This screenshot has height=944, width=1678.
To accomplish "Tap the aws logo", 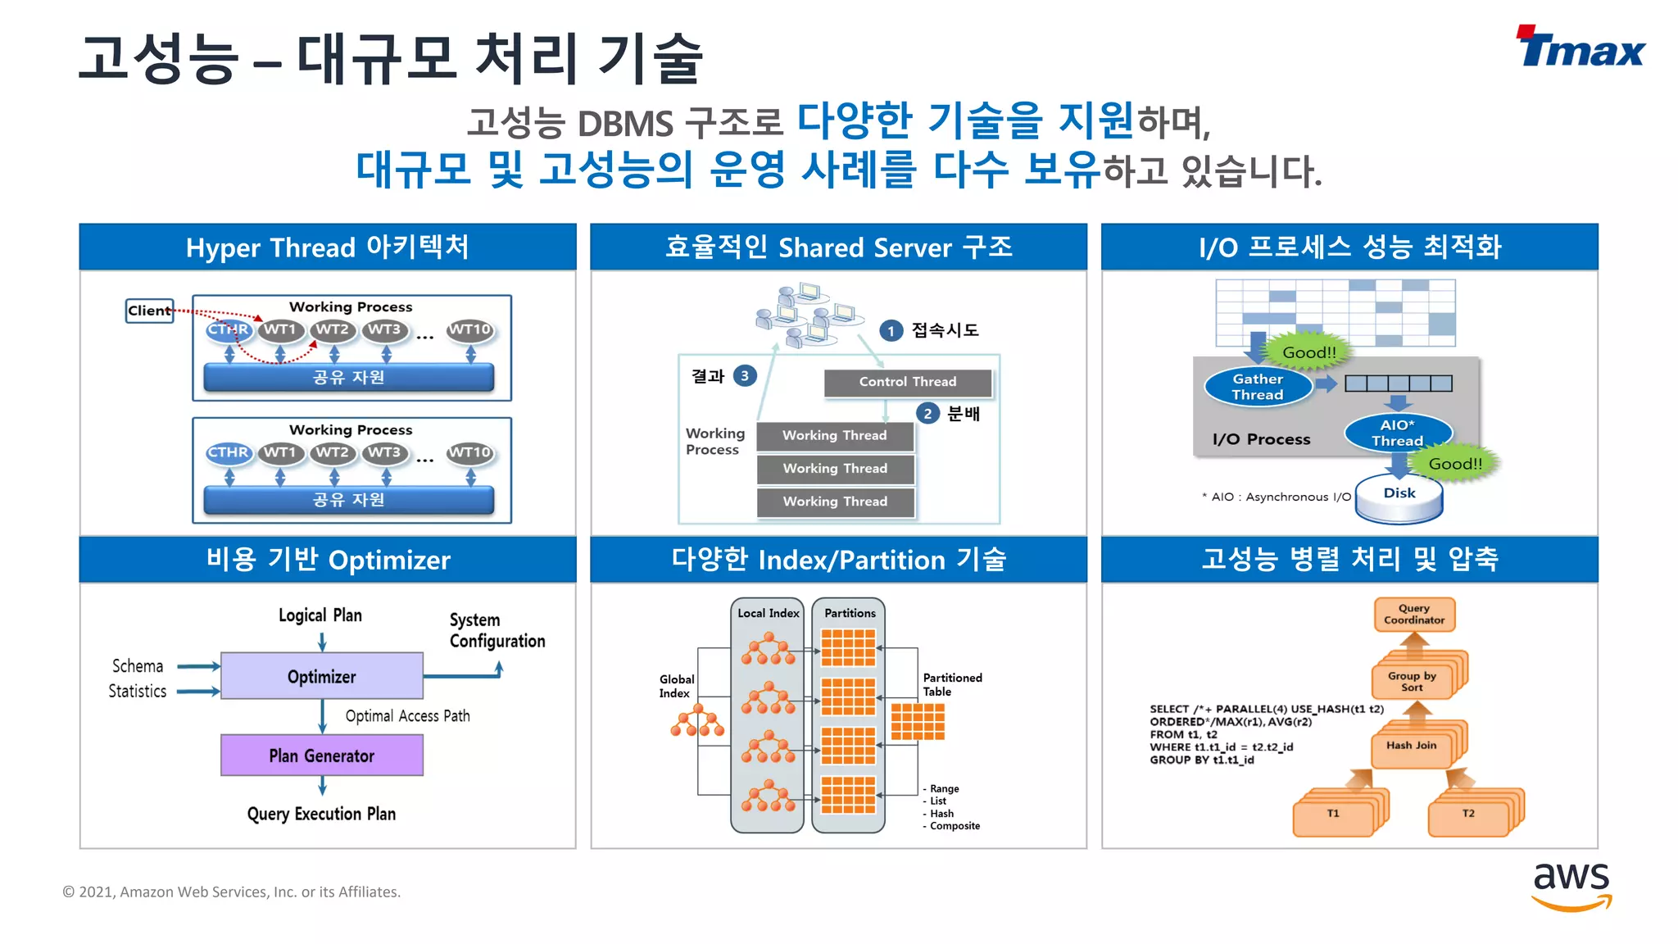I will pos(1571,885).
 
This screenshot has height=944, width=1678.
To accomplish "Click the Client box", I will pos(149,311).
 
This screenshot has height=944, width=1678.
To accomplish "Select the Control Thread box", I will pos(907,382).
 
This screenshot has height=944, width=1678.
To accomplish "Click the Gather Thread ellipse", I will pos(1258,387).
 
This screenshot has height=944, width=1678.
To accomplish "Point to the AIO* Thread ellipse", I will pos(1397,433).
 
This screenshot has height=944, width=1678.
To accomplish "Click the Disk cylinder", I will pos(1399,497).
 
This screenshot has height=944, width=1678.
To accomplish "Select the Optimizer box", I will pos(322,676).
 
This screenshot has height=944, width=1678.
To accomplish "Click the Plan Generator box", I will pos(322,755).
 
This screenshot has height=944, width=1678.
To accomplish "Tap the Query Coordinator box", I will pos(1414,615).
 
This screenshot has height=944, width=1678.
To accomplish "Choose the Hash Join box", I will pos(1411,746).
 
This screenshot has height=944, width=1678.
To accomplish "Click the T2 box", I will pos(1468,814).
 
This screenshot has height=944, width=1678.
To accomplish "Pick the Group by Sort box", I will pos(1412,681).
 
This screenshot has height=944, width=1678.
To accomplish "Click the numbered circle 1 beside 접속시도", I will pos(891,330).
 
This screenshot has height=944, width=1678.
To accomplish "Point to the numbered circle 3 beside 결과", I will pos(744,376).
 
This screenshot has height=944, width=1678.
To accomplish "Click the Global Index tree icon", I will pos(697,724).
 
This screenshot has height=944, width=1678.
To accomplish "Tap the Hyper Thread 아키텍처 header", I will pos(328,247).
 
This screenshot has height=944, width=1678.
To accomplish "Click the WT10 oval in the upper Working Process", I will pos(470,329).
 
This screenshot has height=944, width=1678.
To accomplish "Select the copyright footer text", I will pos(232,892).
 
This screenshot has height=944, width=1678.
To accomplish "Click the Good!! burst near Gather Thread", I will pos(1308,352).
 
